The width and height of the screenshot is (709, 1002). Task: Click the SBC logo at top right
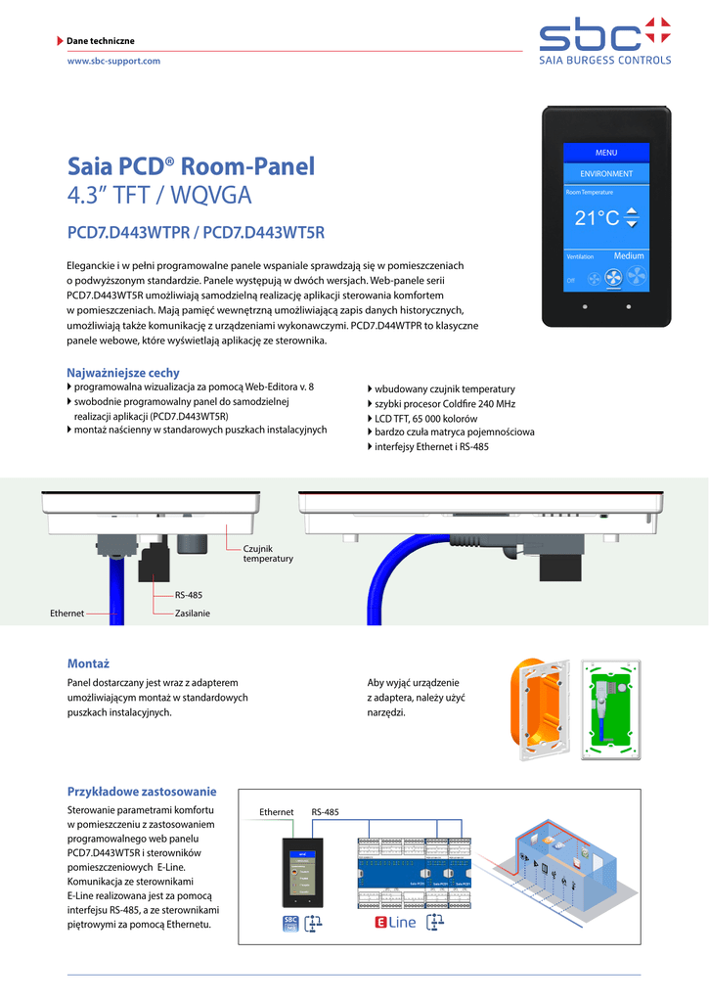click(x=605, y=41)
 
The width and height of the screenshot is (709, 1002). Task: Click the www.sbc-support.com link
click(x=112, y=61)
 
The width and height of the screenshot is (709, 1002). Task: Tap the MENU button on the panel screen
click(x=606, y=153)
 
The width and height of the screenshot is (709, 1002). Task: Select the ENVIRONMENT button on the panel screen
click(x=606, y=174)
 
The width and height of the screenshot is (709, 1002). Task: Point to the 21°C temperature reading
click(x=597, y=218)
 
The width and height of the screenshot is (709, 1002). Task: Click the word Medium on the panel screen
click(x=629, y=256)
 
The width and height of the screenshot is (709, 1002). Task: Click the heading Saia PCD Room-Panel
click(x=192, y=166)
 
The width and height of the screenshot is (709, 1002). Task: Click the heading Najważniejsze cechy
click(x=123, y=373)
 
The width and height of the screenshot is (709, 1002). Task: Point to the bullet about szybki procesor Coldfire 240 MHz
click(x=444, y=403)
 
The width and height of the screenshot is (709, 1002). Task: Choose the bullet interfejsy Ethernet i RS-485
click(x=431, y=446)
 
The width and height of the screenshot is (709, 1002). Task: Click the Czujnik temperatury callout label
click(x=268, y=553)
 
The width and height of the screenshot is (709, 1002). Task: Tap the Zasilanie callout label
click(x=192, y=614)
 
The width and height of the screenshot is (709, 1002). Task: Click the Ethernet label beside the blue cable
click(x=66, y=614)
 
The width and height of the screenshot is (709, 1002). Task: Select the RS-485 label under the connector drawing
click(x=188, y=595)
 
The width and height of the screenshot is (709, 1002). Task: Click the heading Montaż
click(x=88, y=662)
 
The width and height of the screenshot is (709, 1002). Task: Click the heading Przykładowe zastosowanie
click(x=141, y=791)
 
